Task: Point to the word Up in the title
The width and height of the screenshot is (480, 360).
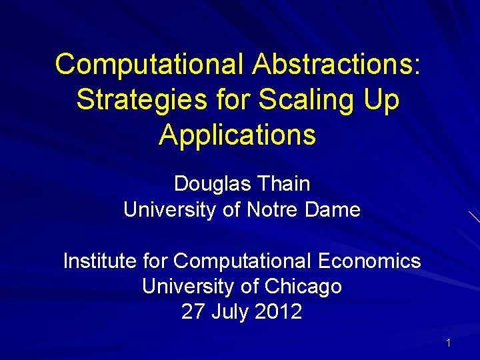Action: (381, 100)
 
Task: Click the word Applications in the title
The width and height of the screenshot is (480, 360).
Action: (237, 135)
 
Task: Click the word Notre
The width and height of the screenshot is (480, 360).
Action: (273, 210)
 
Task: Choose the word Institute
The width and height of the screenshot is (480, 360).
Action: (100, 261)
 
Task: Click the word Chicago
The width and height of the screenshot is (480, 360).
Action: (303, 287)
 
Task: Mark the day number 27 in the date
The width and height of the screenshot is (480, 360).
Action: (193, 311)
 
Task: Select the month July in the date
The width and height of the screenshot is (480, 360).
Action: (229, 311)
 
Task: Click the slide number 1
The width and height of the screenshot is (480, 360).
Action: (448, 343)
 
